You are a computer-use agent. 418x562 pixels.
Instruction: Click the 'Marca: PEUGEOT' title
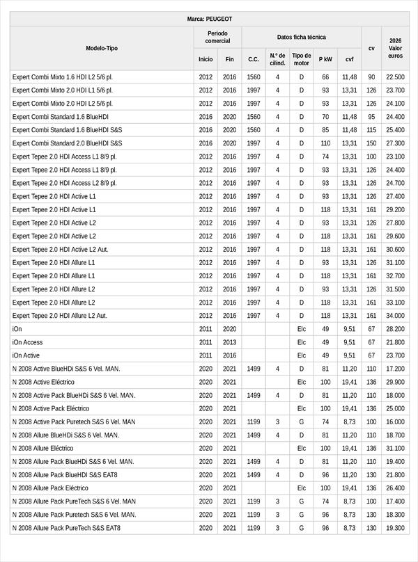pyautogui.click(x=209, y=19)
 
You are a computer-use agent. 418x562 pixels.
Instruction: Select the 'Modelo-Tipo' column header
pyautogui.click(x=102, y=48)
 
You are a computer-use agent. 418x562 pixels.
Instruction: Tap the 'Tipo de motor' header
pyautogui.click(x=302, y=59)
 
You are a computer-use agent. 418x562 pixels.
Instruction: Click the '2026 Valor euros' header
pyautogui.click(x=395, y=48)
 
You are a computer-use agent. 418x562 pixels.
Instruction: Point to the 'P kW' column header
pyautogui.click(x=325, y=60)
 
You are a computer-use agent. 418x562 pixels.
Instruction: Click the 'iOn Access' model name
pyautogui.click(x=28, y=342)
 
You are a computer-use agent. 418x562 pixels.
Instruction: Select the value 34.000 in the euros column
pyautogui.click(x=395, y=316)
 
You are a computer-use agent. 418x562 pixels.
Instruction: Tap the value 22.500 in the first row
pyautogui.click(x=395, y=77)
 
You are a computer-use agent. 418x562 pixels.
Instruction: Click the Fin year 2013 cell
pyautogui.click(x=229, y=342)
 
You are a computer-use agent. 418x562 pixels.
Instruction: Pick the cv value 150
pyautogui.click(x=371, y=143)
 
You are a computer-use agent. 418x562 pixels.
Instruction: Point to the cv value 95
pyautogui.click(x=371, y=117)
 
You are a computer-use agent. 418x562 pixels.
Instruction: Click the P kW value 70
pyautogui.click(x=325, y=117)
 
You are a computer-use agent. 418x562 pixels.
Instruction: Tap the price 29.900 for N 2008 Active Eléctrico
pyautogui.click(x=395, y=382)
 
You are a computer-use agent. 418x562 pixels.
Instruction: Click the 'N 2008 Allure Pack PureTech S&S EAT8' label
pyautogui.click(x=66, y=528)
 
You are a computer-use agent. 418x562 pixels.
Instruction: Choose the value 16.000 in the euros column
pyautogui.click(x=395, y=421)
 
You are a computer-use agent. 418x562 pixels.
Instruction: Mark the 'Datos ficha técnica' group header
pyautogui.click(x=301, y=37)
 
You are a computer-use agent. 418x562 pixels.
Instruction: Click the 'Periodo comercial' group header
pyautogui.click(x=217, y=37)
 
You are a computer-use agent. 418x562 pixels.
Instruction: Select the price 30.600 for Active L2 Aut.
pyautogui.click(x=395, y=249)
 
